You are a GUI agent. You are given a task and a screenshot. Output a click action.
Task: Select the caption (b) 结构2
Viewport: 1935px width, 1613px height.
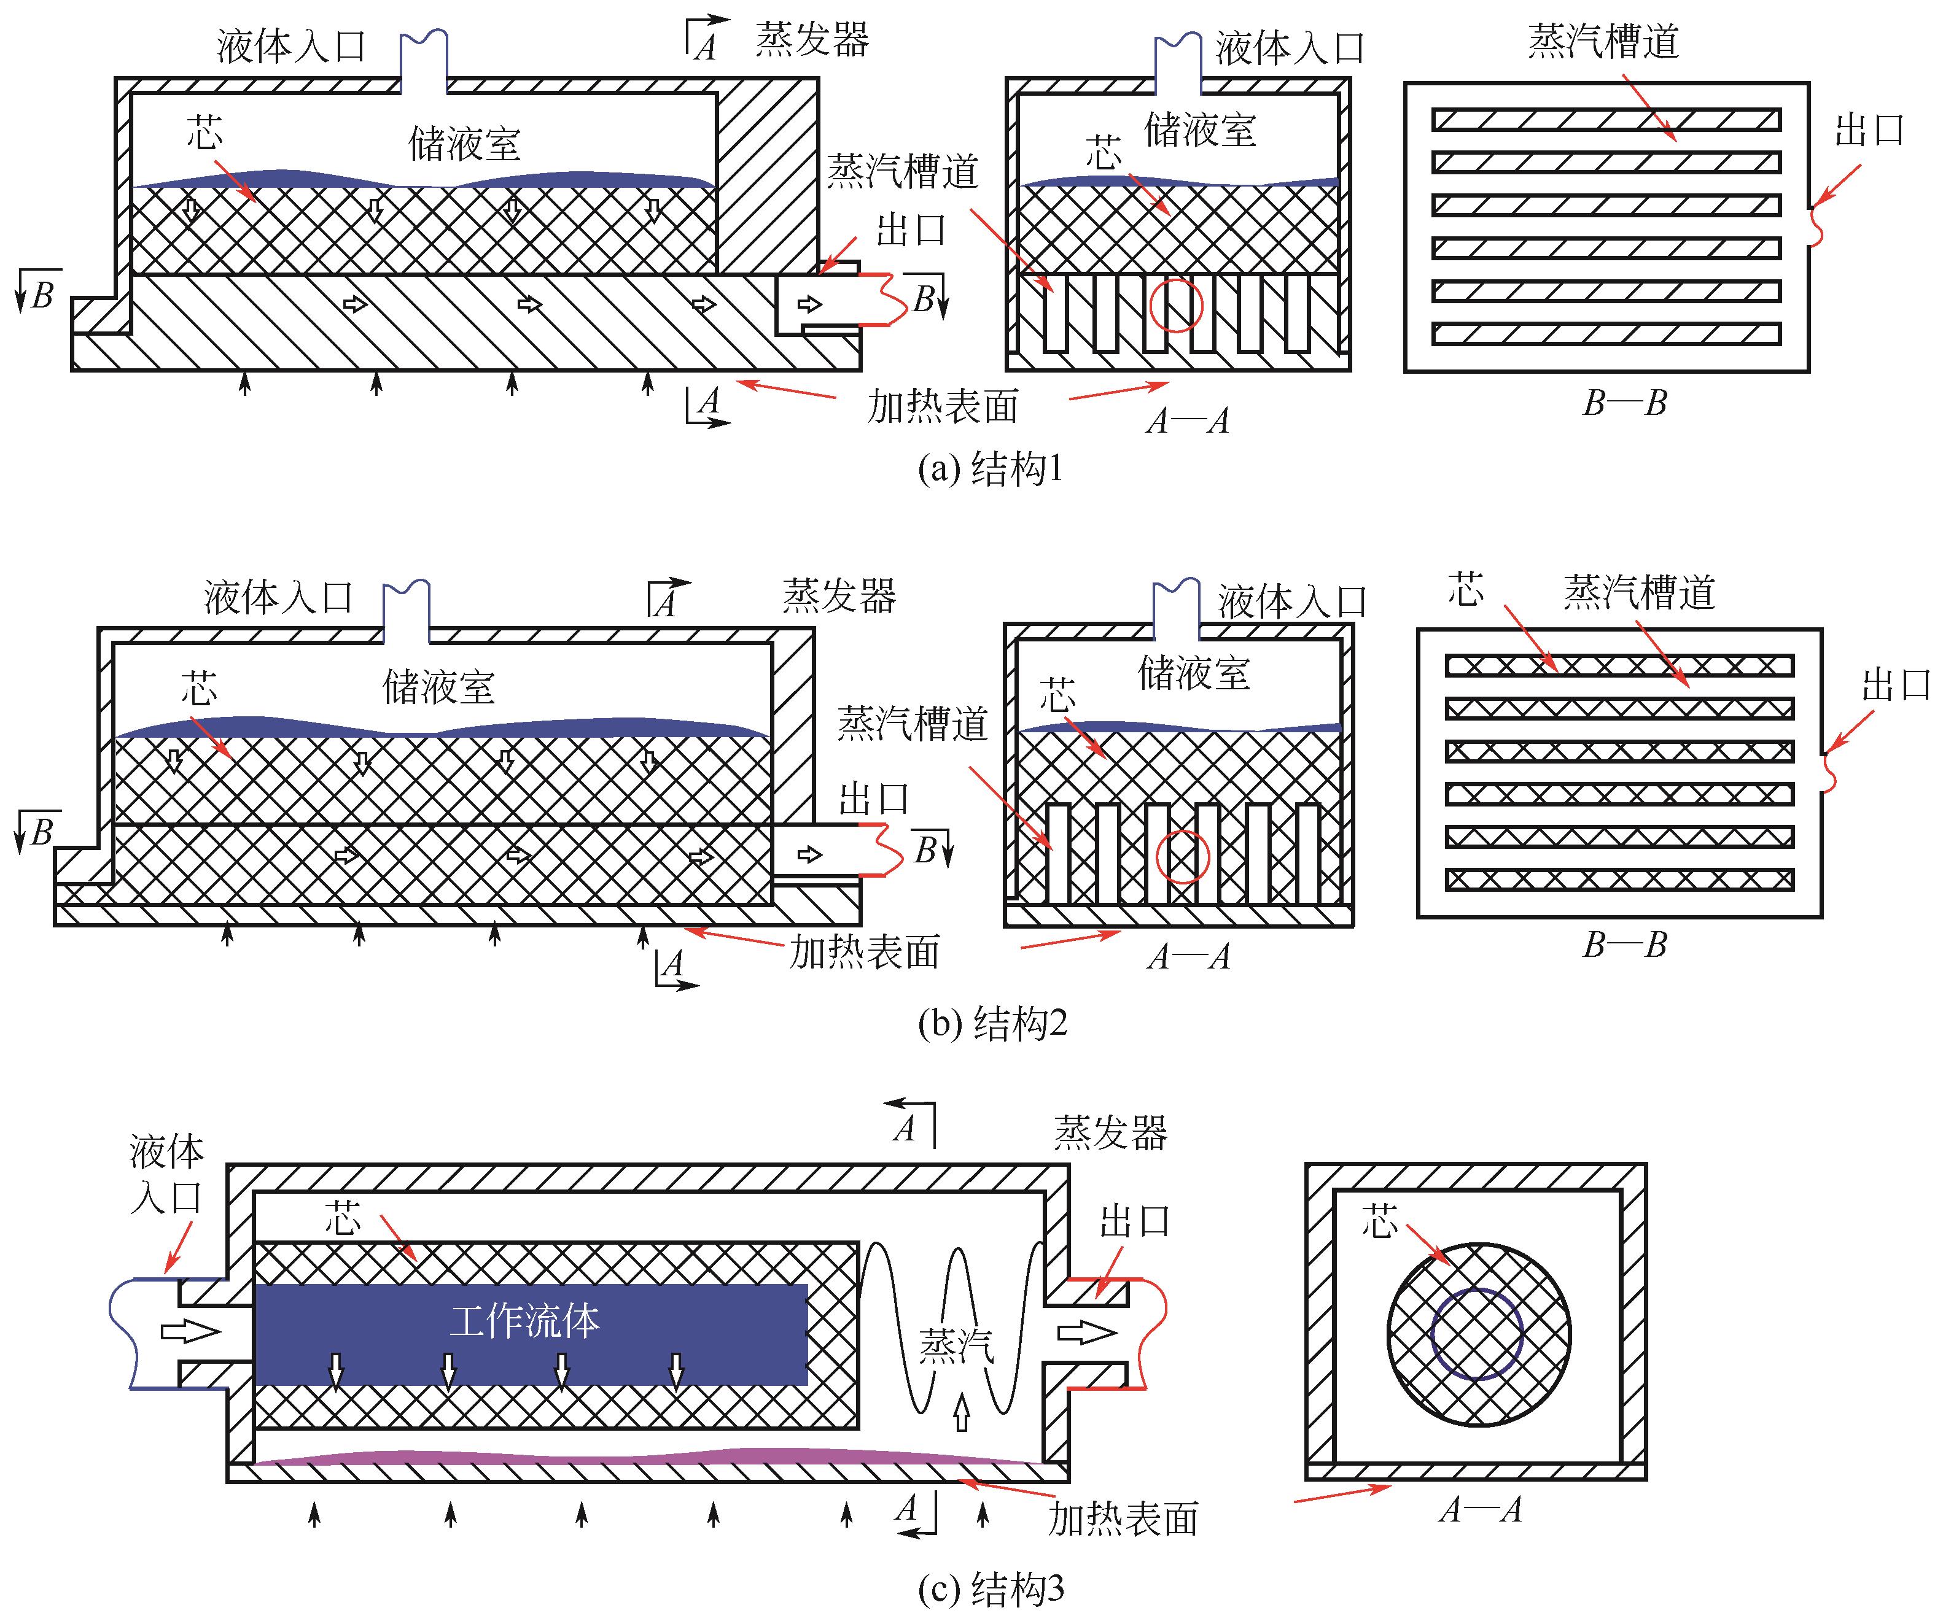992,1023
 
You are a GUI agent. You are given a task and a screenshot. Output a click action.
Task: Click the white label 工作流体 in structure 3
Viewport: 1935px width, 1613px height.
524,1321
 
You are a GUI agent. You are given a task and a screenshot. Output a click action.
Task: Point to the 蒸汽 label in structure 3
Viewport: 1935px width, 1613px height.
956,1346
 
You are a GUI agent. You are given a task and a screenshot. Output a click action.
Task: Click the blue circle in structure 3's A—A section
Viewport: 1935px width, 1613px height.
1476,1334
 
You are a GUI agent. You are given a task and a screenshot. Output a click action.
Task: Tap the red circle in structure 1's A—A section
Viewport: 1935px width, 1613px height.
1177,305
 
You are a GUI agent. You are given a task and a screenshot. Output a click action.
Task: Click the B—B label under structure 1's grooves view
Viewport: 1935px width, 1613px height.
1624,403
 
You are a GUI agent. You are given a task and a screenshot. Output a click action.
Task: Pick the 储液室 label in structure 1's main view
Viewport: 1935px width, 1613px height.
464,144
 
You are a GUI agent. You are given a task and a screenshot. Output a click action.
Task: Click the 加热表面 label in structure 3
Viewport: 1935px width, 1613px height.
1123,1518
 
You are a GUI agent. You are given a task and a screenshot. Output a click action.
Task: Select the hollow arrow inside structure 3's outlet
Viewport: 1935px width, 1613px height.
1088,1332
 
